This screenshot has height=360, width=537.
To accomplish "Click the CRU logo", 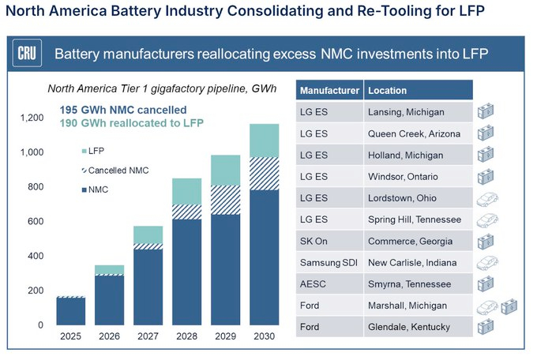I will pos(25,54).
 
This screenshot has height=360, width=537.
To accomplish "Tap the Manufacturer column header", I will pos(329,90).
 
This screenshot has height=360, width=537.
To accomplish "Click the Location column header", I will pos(385,90).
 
